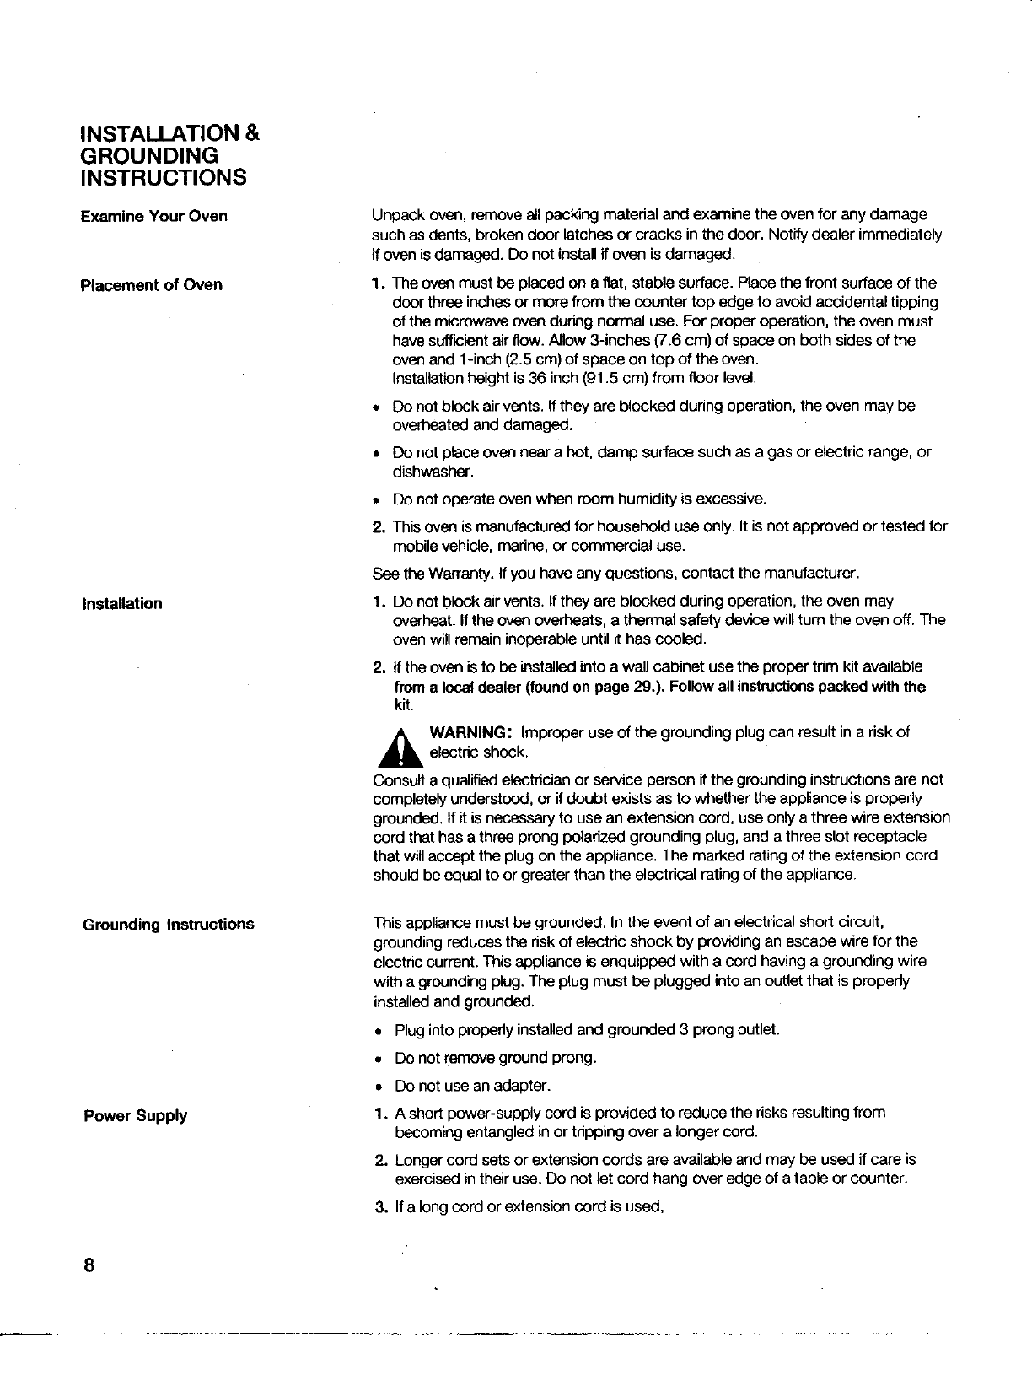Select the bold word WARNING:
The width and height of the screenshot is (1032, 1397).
470,731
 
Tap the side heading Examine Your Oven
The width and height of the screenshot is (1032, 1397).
154,216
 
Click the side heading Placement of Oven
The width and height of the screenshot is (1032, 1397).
152,284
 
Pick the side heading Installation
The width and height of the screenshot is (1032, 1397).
122,603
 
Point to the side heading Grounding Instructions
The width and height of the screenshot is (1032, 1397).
169,924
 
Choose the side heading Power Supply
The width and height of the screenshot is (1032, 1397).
136,1115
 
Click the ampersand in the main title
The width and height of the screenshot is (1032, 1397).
251,132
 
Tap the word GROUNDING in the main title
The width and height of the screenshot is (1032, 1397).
148,155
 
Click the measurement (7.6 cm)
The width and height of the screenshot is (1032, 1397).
666,340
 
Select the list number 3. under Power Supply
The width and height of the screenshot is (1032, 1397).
380,1206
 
